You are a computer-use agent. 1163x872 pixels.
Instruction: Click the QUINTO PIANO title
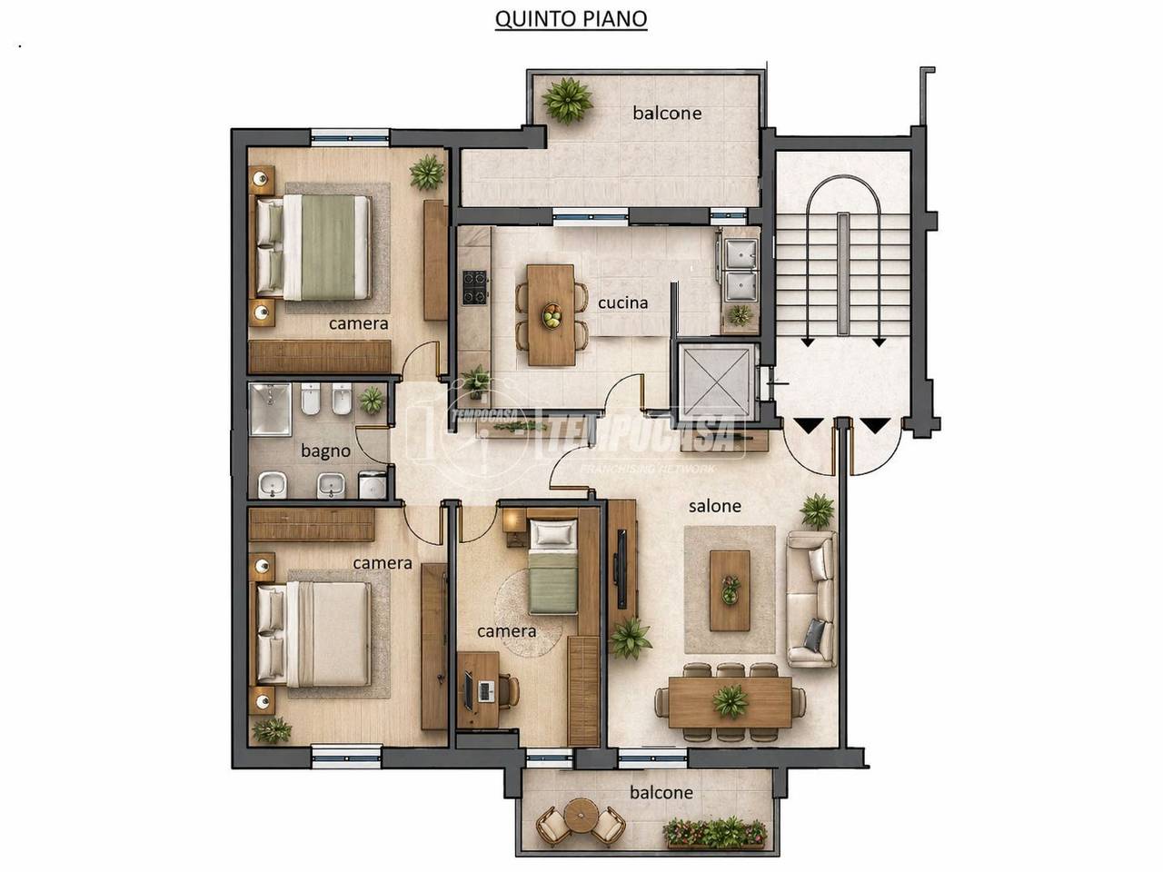click(571, 19)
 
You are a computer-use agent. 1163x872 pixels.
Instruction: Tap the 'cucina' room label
click(622, 302)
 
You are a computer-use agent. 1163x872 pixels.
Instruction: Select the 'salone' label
click(715, 506)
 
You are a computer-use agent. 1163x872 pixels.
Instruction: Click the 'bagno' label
click(325, 451)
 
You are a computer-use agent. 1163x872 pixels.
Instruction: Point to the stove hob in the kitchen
click(474, 288)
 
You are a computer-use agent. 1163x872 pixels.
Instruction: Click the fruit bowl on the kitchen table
click(552, 315)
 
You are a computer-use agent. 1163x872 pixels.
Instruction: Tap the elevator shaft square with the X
click(716, 381)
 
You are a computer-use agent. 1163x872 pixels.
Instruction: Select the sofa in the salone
click(810, 599)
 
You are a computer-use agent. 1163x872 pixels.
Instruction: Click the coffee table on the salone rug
click(730, 590)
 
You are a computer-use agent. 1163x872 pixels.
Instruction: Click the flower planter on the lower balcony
click(715, 834)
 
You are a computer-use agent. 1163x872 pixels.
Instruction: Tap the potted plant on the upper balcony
click(568, 101)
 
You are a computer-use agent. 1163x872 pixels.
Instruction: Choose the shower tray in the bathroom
click(270, 410)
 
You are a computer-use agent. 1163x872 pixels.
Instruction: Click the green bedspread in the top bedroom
click(328, 247)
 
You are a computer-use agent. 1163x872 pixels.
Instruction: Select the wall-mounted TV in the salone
click(621, 570)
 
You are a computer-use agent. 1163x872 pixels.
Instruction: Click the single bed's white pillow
click(553, 532)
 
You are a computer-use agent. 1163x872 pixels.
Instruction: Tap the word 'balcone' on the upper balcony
click(667, 113)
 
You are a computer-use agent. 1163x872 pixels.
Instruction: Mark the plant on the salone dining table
click(731, 701)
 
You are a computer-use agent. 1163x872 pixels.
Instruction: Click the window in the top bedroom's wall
click(350, 138)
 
